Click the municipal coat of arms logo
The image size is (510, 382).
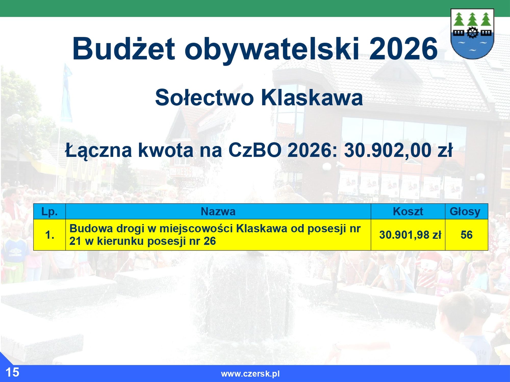click(472, 34)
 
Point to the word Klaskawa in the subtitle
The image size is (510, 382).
click(312, 98)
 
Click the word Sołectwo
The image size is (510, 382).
click(205, 98)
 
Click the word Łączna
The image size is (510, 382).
click(98, 151)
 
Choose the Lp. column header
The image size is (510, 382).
click(49, 212)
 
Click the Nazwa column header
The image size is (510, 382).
click(218, 212)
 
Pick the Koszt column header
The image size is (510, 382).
click(408, 212)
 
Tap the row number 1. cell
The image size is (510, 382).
click(49, 235)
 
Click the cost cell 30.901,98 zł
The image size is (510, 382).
click(410, 235)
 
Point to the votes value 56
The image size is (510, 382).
click(466, 235)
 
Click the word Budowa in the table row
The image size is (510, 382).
click(91, 228)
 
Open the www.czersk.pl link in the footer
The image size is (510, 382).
click(250, 374)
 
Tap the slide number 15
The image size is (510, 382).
click(12, 372)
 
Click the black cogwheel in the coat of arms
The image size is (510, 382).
click(472, 32)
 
